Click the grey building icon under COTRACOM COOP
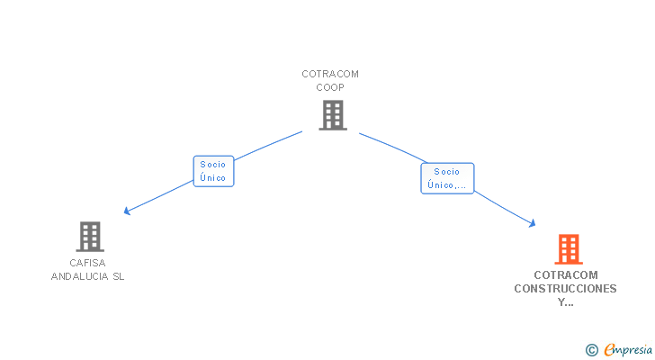[x=332, y=114]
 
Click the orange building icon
[x=568, y=248]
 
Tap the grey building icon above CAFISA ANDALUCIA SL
[x=89, y=237]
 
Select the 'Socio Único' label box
[x=213, y=171]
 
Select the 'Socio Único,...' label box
[x=446, y=178]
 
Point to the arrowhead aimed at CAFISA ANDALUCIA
[x=127, y=211]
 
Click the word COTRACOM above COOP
[x=330, y=74]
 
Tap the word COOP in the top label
[x=330, y=87]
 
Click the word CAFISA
[x=88, y=263]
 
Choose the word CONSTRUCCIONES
[x=565, y=289]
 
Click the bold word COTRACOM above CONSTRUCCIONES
[x=565, y=275]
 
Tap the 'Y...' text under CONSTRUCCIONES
[x=565, y=302]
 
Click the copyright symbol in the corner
[x=591, y=350]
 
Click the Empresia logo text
[x=628, y=350]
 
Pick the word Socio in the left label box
[x=213, y=165]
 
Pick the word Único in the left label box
[x=213, y=178]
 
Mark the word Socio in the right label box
[x=446, y=172]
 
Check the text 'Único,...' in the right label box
[x=447, y=185]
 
